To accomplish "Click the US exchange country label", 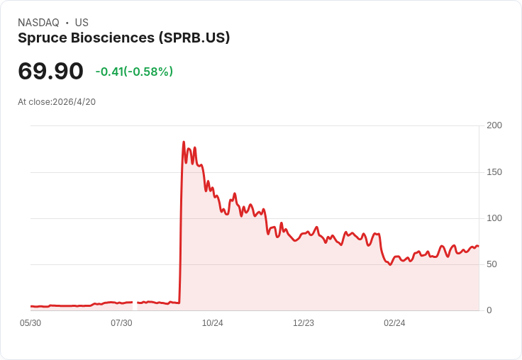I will pos(82,23).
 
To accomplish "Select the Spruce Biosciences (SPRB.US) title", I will pos(124,38).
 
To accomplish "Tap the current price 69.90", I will pos(50,71).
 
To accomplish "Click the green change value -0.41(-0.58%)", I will pos(134,72).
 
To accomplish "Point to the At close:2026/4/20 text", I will pos(57,102).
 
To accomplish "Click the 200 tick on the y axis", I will pos(494,125).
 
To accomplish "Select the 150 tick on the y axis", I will pos(494,172).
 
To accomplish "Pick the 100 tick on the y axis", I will pos(494,218).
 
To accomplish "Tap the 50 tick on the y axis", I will pos(492,264).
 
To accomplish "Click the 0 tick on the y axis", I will pos(489,310).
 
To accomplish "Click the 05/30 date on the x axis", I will pos(30,323).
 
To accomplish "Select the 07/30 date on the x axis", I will pos(121,323).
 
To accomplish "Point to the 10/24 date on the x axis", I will pos(212,323).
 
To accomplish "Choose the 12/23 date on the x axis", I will pos(304,323).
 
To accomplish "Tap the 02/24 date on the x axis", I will pos(394,323).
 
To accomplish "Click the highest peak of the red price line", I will pos(184,142).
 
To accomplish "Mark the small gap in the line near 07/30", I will pos(135,304).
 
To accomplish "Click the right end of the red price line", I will pos(478,247).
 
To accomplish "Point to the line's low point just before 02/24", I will pos(390,264).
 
